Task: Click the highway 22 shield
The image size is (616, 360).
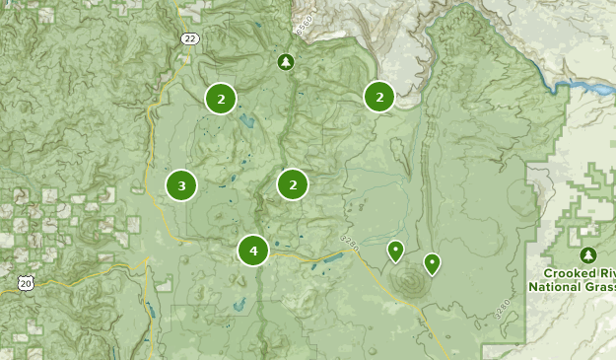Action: (x=189, y=37)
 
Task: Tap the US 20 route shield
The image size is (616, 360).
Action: (x=25, y=283)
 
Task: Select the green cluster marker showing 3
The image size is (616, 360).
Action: (x=181, y=185)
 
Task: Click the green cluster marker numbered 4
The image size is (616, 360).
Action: (x=253, y=251)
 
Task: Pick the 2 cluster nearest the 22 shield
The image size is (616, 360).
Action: (x=221, y=99)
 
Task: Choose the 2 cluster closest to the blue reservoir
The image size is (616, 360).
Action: (x=379, y=97)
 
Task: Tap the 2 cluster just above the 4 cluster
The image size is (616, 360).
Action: (x=293, y=183)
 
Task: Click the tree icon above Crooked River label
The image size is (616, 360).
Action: (x=589, y=254)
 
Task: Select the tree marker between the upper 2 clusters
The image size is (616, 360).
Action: (x=286, y=63)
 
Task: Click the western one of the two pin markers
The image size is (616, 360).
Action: (x=395, y=251)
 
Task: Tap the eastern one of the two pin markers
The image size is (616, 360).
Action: (x=432, y=262)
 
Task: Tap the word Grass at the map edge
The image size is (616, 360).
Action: (x=602, y=287)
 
